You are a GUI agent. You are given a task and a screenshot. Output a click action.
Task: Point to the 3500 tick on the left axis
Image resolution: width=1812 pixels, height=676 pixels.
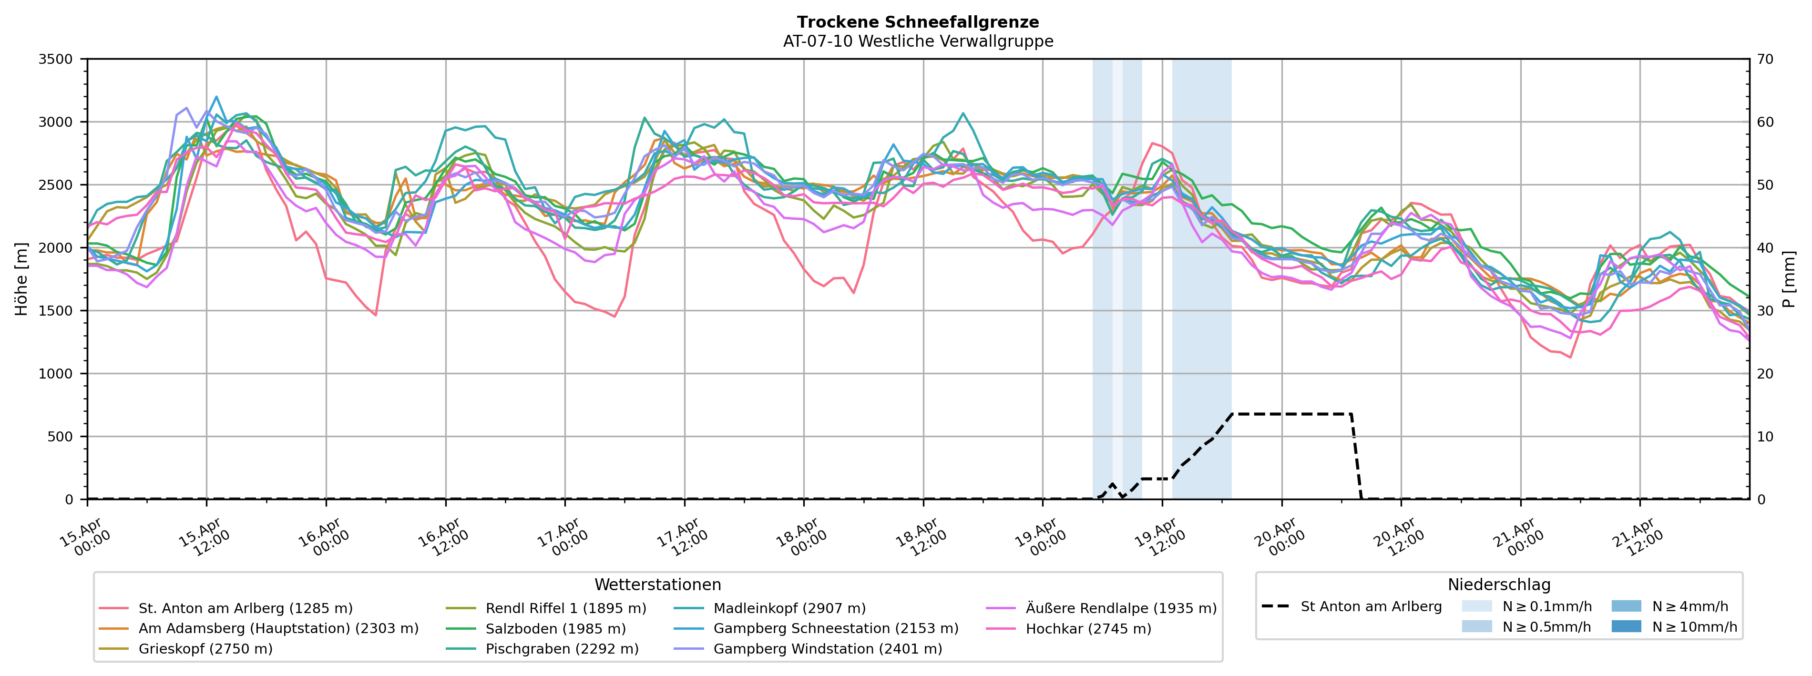point(56,59)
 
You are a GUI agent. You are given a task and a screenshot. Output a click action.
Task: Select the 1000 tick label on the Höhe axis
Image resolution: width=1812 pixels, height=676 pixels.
point(56,374)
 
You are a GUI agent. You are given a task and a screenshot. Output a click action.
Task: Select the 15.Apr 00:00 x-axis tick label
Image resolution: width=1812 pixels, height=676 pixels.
point(84,538)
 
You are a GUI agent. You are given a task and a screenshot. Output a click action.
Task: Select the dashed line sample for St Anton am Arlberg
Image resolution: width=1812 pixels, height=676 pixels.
point(1275,606)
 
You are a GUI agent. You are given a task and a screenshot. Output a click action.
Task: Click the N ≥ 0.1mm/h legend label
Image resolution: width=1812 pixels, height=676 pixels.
point(1546,606)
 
